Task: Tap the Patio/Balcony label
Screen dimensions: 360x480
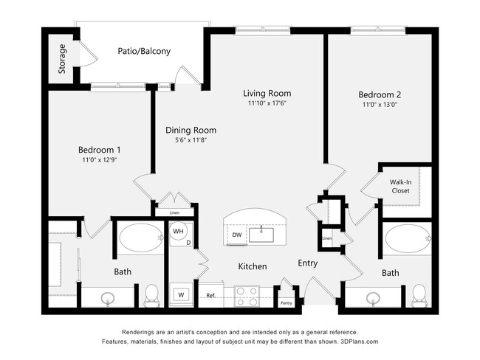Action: [x=144, y=52]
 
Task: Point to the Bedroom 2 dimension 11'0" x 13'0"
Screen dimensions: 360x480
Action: [x=380, y=105]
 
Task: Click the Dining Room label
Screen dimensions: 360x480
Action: [x=191, y=130]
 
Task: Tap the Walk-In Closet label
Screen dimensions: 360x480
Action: [x=400, y=186]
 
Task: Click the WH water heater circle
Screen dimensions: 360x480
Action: [x=178, y=231]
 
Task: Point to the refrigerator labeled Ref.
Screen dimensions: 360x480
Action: [x=210, y=296]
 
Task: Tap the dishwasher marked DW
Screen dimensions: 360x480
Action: [x=236, y=235]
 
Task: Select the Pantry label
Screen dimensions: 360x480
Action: [x=286, y=302]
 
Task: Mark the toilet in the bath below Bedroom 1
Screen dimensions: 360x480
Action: [x=153, y=294]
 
